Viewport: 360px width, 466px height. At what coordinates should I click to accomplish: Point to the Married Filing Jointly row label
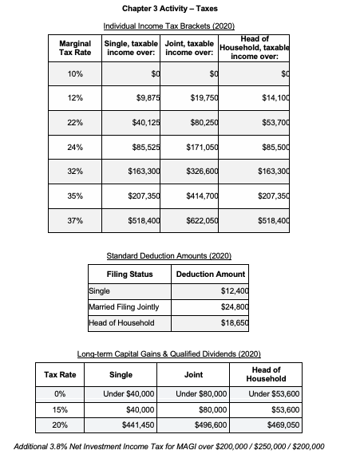tap(124, 307)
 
